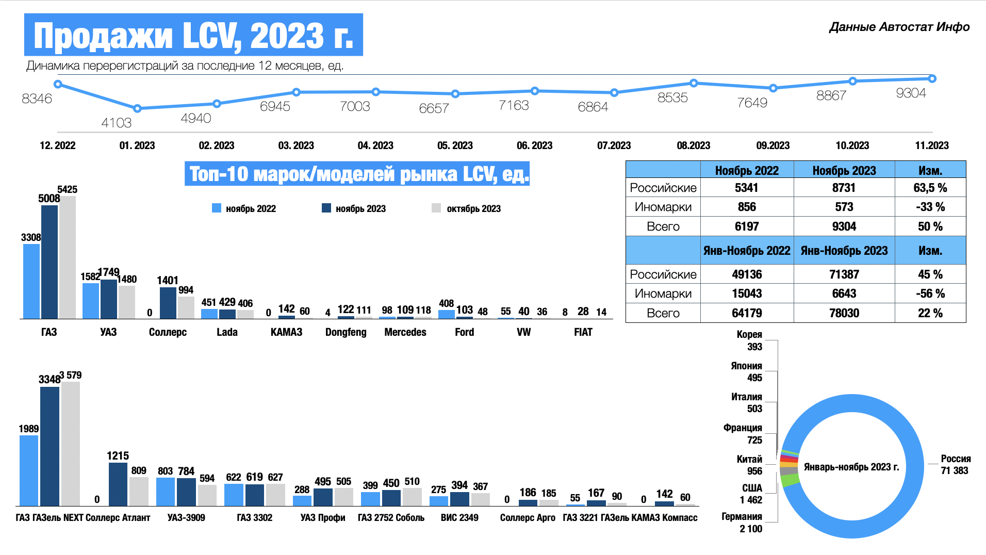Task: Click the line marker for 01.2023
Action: click(x=137, y=108)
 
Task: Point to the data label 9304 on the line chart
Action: click(x=911, y=93)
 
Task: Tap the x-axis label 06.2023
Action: click(x=534, y=145)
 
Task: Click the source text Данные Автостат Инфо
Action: click(x=899, y=27)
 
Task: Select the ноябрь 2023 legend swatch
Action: click(x=326, y=208)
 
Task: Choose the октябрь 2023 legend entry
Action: click(x=473, y=208)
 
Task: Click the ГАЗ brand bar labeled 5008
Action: click(x=50, y=262)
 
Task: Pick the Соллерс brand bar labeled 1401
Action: click(x=168, y=303)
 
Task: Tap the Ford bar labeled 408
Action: click(x=446, y=314)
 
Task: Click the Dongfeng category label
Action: click(x=346, y=332)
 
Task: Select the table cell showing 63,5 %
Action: click(x=930, y=188)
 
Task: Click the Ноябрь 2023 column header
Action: click(x=844, y=170)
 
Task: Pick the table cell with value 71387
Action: click(x=844, y=274)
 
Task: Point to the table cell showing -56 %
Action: click(x=930, y=293)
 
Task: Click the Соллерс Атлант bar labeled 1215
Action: click(x=118, y=484)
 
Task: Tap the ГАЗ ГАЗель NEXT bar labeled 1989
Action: click(x=29, y=470)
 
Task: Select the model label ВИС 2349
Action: click(x=459, y=517)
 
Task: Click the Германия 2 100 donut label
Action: click(x=750, y=523)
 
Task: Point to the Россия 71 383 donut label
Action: click(x=955, y=465)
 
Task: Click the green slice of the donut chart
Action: click(x=790, y=480)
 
